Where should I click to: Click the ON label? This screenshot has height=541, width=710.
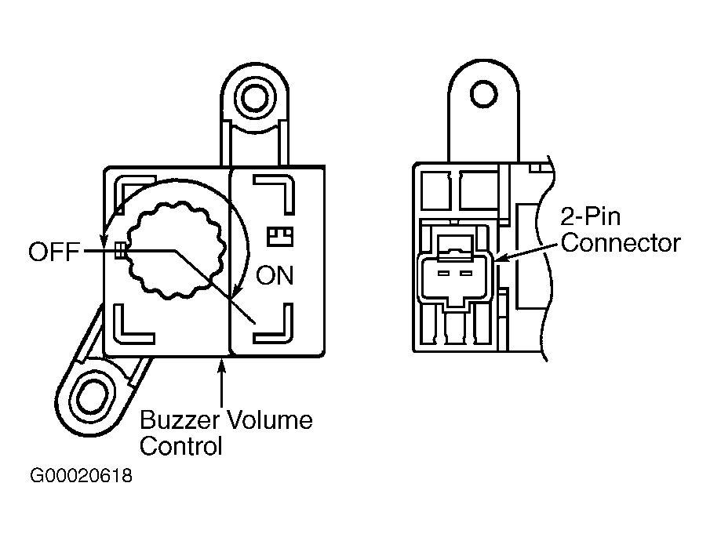click(x=275, y=275)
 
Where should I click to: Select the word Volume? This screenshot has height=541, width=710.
click(x=269, y=419)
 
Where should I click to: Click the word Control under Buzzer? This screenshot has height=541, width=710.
click(x=180, y=446)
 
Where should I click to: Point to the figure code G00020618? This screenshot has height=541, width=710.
click(x=81, y=476)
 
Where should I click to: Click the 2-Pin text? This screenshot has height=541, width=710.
click(x=590, y=216)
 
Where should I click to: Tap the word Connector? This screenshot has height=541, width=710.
click(x=621, y=243)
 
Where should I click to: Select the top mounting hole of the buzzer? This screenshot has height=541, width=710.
click(x=255, y=96)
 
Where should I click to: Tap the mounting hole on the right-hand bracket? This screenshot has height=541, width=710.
click(x=483, y=94)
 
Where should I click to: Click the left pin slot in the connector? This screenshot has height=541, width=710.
click(x=442, y=274)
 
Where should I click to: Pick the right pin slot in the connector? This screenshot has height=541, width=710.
click(x=465, y=274)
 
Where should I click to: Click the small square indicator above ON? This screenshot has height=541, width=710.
click(x=280, y=236)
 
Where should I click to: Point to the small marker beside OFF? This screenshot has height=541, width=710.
click(x=120, y=251)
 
